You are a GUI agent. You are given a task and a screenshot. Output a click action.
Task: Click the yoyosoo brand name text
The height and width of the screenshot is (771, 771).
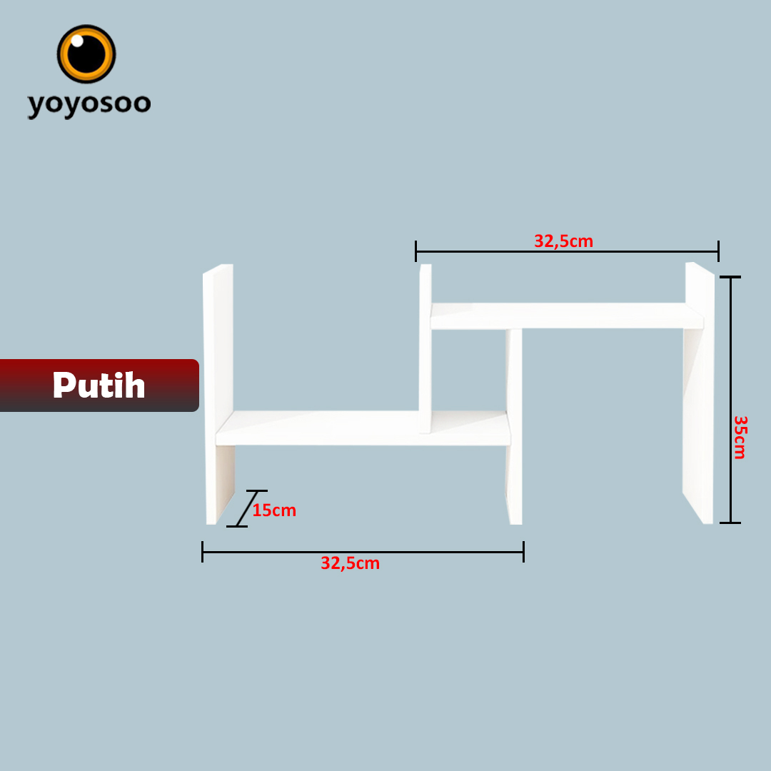click(x=89, y=104)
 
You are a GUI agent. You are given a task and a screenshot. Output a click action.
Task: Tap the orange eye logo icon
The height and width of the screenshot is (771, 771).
click(x=86, y=54)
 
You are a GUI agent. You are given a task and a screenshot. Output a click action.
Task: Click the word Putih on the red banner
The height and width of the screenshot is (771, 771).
click(x=99, y=385)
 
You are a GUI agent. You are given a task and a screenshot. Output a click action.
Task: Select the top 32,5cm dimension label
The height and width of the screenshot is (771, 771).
click(x=563, y=241)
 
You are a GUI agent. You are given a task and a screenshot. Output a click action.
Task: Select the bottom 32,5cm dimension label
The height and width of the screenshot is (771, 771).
click(x=350, y=563)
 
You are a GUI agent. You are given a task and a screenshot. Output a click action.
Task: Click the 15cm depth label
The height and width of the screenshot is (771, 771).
click(x=274, y=510)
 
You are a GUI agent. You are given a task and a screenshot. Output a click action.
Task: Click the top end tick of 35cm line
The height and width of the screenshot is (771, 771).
click(x=730, y=277)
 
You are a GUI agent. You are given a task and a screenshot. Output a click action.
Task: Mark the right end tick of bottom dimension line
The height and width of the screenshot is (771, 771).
click(x=523, y=552)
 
